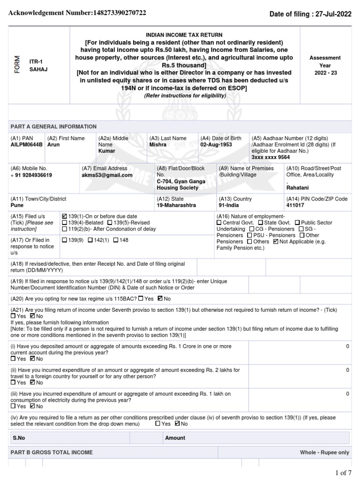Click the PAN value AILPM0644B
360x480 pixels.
pyautogui.click(x=26, y=145)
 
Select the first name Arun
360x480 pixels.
pyautogui.click(x=53, y=145)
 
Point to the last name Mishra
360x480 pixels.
pyautogui.click(x=157, y=145)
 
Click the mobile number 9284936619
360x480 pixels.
pyautogui.click(x=31, y=175)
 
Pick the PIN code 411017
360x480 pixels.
pyautogui.click(x=294, y=205)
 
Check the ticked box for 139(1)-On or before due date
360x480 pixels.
pyautogui.click(x=65, y=216)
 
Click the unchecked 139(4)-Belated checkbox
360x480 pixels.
pyautogui.click(x=65, y=223)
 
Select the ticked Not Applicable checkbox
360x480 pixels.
pyautogui.click(x=276, y=241)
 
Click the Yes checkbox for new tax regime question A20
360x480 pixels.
pyautogui.click(x=141, y=299)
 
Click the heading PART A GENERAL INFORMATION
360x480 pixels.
pyautogui.click(x=53, y=127)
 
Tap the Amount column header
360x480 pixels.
pyautogui.click(x=175, y=438)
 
